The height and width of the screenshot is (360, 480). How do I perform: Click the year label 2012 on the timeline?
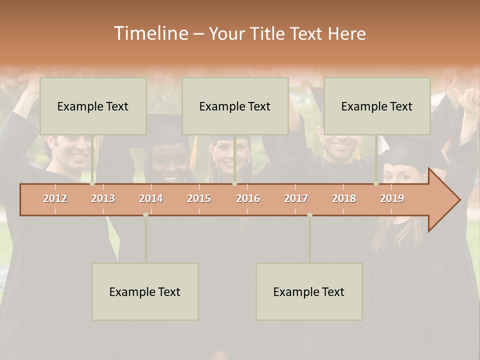coord(55,198)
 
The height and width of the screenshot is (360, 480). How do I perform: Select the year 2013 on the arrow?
coord(103,198)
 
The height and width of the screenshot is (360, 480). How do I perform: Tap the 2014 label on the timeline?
coord(151,198)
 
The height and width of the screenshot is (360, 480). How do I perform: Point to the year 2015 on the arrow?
coord(199,198)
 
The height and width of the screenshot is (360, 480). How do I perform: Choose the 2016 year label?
coord(248,198)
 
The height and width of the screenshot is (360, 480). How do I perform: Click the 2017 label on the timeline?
coord(296,198)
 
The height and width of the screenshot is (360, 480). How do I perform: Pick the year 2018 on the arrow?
coord(344,198)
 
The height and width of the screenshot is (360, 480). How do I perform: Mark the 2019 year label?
coord(392,198)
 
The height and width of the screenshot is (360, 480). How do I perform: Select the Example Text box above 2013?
coord(93,106)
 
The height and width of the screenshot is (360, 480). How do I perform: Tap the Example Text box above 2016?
coord(235,106)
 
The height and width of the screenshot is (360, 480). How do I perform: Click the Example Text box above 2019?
coord(377,106)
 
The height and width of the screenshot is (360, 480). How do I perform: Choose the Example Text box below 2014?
coord(145,291)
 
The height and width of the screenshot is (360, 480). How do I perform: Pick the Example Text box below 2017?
coord(309,291)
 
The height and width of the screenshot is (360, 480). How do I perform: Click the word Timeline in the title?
coord(150,33)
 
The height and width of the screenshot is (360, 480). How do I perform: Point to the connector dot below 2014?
coord(145,214)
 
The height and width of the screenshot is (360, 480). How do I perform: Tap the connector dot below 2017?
coord(309,214)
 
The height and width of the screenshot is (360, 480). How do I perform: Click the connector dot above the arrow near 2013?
coord(92,183)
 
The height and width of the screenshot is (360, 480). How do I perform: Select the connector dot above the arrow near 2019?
coord(376,183)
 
